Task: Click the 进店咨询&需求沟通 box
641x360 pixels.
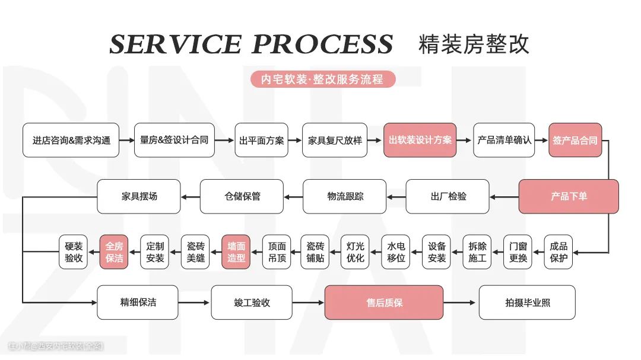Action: tap(71, 141)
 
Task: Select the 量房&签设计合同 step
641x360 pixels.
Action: tap(174, 141)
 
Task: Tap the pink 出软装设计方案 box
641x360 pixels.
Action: tap(420, 141)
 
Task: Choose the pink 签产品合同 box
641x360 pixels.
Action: tap(575, 141)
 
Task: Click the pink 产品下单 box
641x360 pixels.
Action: tap(569, 196)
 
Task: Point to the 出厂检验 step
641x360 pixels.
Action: tap(448, 196)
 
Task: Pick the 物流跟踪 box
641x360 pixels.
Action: tap(345, 196)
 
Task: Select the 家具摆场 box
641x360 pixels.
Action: tap(139, 196)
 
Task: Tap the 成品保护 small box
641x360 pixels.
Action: tap(559, 252)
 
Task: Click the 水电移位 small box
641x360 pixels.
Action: tap(396, 252)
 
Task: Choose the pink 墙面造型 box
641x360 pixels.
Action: tap(236, 252)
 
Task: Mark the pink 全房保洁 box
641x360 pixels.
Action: tap(114, 252)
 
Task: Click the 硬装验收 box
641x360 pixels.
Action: tap(74, 252)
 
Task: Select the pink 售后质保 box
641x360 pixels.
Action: tap(383, 302)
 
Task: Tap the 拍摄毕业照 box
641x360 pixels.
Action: tap(526, 302)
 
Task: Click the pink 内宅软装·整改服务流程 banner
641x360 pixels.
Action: tap(322, 79)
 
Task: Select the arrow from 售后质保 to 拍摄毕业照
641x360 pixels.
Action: tap(461, 302)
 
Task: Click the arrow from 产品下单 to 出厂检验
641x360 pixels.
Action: tap(504, 196)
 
